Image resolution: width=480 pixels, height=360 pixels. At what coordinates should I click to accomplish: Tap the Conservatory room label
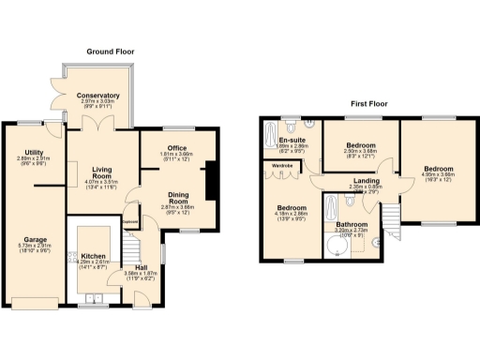98,96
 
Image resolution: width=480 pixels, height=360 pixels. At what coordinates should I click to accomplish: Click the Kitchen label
93,256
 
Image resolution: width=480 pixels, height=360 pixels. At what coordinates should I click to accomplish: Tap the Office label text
176,148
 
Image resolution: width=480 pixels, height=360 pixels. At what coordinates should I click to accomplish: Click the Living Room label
101,171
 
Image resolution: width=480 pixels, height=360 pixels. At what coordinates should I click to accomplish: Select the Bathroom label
352,225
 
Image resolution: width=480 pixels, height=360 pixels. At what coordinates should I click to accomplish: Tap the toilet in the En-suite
293,127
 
